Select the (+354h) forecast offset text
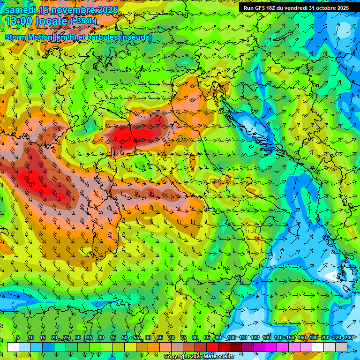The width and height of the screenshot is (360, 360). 83,21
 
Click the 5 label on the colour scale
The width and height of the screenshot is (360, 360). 18,338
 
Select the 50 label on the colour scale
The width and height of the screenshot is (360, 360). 125,338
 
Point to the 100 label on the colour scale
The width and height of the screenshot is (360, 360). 231,338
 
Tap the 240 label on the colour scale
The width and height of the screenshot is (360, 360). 348,338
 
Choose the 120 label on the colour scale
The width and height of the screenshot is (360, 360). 255,338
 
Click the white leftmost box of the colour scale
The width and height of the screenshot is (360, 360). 13,347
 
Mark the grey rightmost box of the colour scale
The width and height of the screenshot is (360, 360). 341,347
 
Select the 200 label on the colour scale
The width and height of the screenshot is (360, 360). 325,338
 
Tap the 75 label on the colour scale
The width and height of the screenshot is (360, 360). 183,338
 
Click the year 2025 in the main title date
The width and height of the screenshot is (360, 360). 107,9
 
